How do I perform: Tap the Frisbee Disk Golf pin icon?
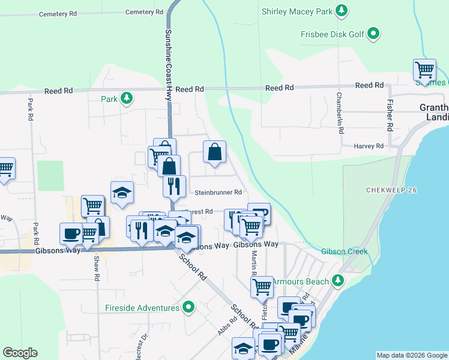tap(374, 34)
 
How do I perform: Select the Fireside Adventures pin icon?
tap(189, 308)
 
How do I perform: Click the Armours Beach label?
tap(301, 281)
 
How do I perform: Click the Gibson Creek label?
tap(344, 251)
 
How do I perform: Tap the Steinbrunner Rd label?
tap(218, 193)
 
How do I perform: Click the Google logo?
tap(20, 353)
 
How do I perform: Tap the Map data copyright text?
tap(412, 355)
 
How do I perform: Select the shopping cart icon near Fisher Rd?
tap(424, 70)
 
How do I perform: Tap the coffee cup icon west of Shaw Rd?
tap(71, 233)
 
